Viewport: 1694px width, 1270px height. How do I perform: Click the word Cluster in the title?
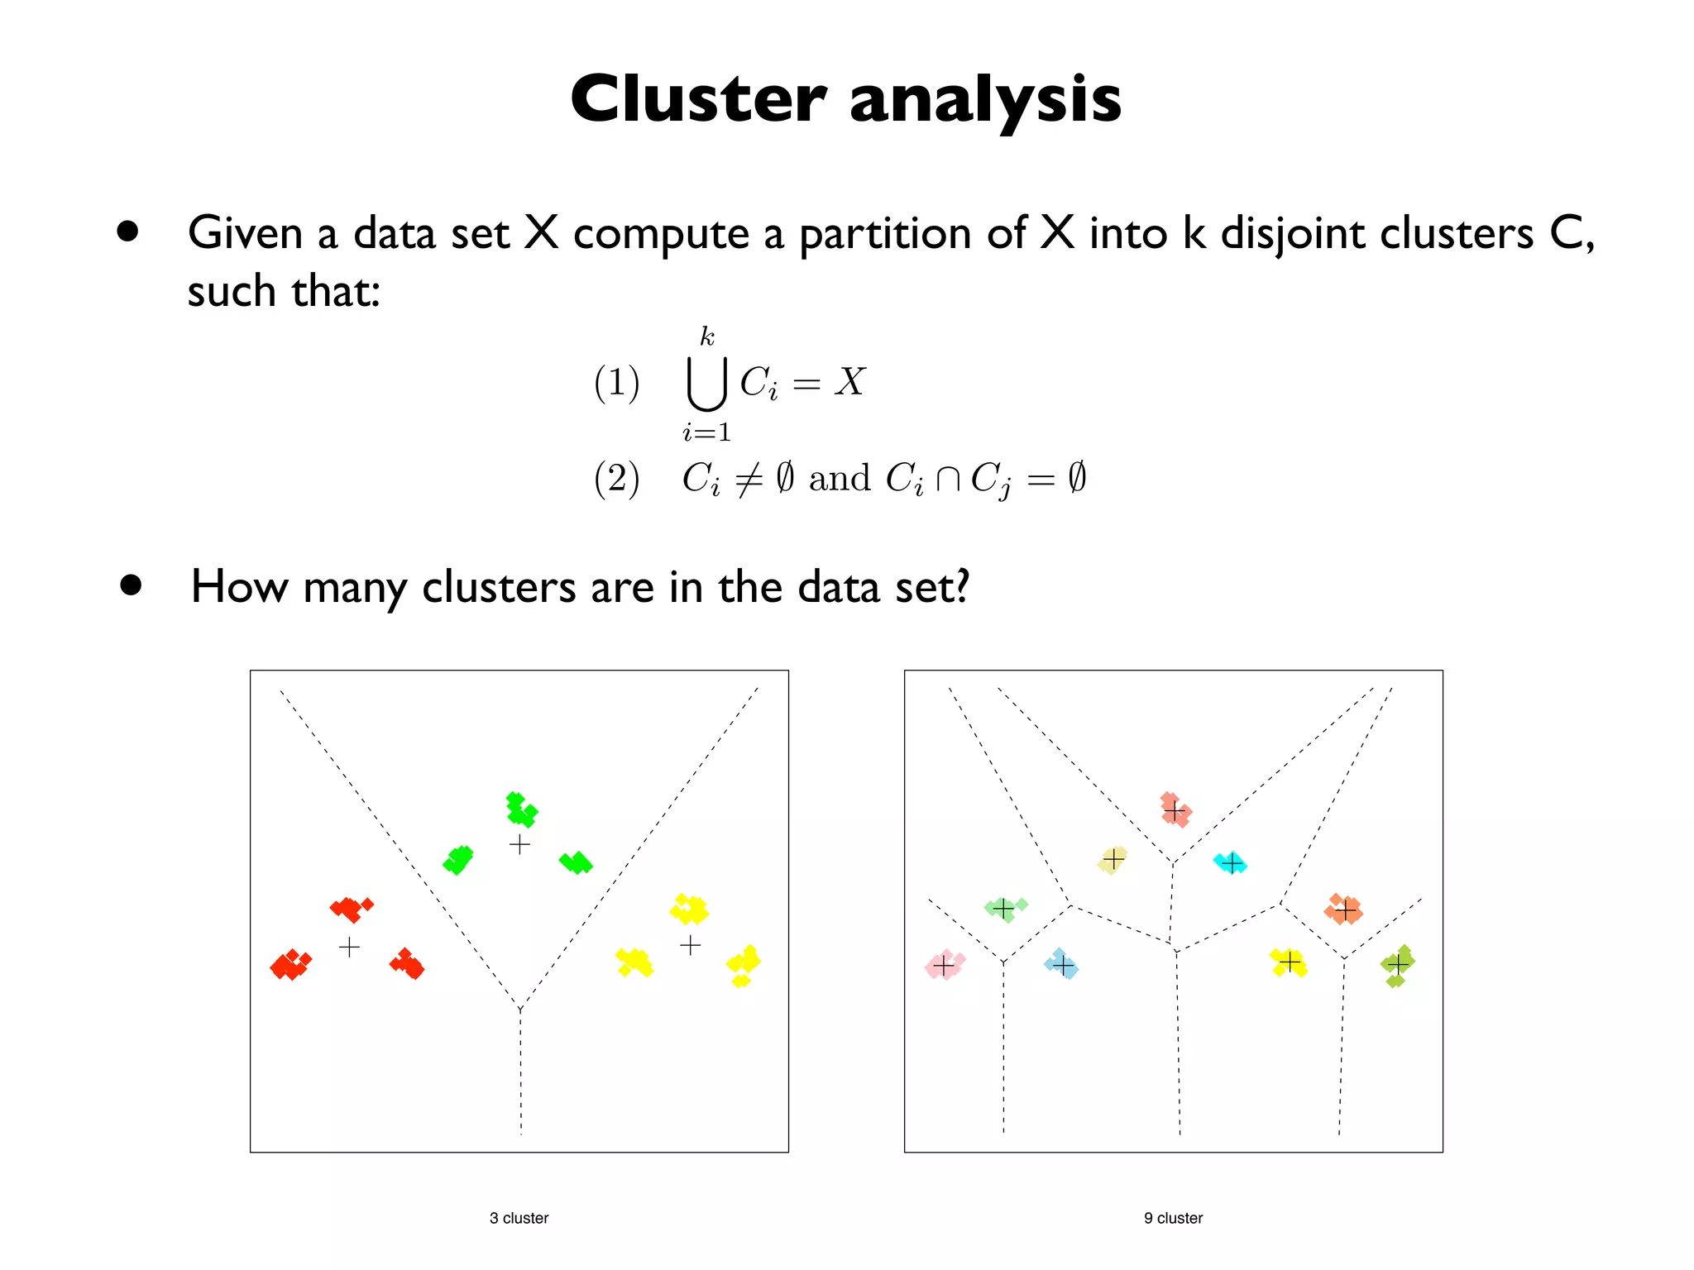pos(698,99)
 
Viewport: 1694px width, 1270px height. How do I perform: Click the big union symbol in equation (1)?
pos(706,384)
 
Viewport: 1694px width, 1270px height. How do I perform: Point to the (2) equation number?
pos(617,479)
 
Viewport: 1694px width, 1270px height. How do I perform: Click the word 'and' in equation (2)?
pos(839,478)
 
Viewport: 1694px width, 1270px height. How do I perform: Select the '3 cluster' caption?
pos(519,1218)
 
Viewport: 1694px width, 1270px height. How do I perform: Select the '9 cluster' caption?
pos(1173,1218)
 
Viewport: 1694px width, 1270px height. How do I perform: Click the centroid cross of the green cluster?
pos(519,844)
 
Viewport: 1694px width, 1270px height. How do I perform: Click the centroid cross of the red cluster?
pos(349,947)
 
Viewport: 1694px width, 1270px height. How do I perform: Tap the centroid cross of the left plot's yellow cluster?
pos(690,944)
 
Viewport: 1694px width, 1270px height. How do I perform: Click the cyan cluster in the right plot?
pos(1231,863)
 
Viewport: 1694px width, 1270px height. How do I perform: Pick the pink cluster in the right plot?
pos(944,965)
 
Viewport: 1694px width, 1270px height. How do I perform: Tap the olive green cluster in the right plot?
pos(1398,965)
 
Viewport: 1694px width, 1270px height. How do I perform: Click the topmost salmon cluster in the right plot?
pos(1174,810)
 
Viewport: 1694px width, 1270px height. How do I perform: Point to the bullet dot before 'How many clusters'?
pos(131,585)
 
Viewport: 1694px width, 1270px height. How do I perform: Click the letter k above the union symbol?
pos(706,337)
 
